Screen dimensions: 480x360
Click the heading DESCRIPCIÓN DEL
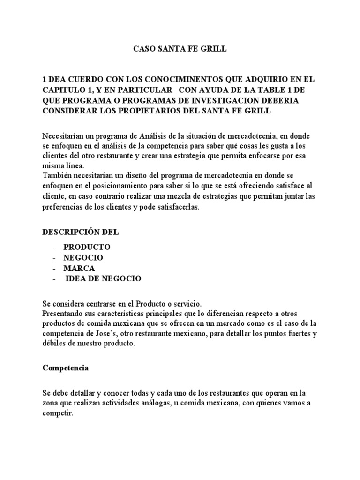click(x=81, y=232)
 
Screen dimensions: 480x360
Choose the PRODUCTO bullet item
click(x=87, y=247)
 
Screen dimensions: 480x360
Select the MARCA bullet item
click(x=79, y=268)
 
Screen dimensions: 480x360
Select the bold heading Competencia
click(x=66, y=368)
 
